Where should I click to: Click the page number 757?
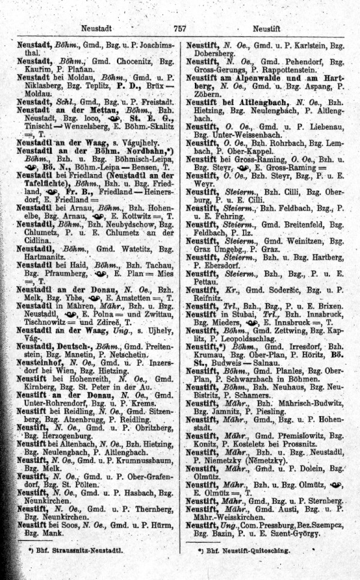[x=179, y=28]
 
